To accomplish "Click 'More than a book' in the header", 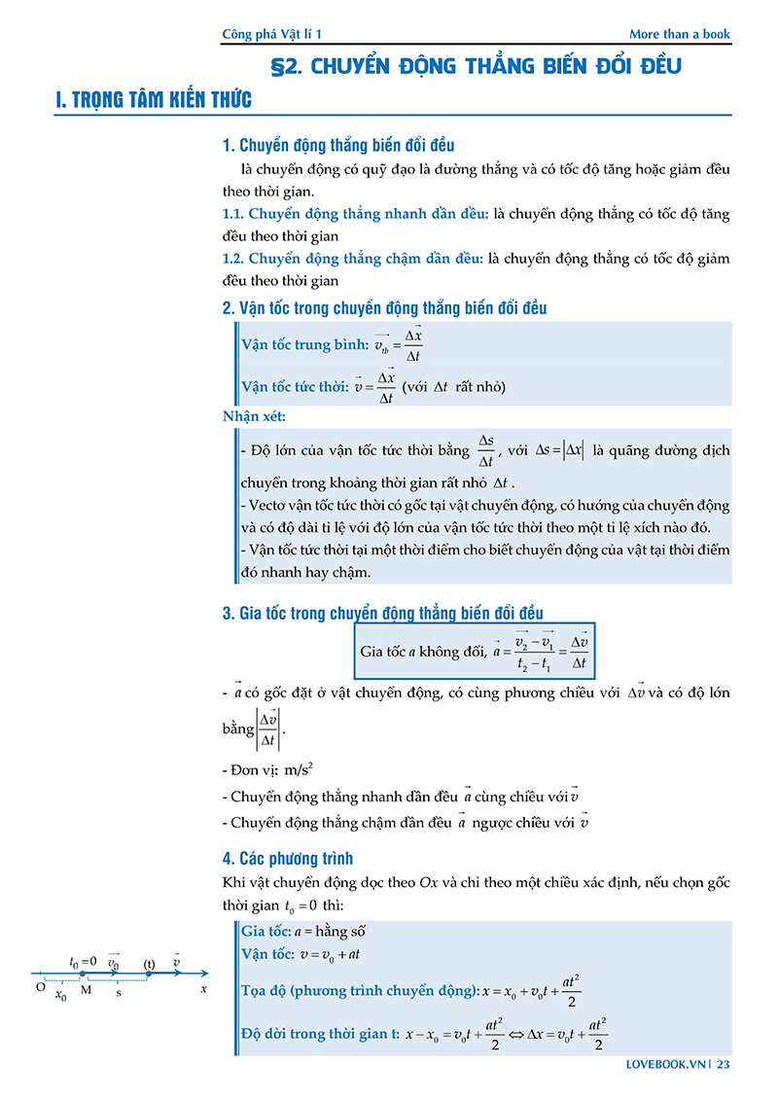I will tap(679, 34).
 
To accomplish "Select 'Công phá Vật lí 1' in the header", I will tap(271, 34).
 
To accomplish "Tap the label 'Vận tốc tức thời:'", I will tap(295, 386).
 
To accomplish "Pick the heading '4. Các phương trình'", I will tap(288, 859).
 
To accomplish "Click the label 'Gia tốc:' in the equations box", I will tap(265, 931).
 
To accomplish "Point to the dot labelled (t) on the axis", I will tap(149, 973).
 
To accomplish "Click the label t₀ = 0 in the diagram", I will tap(83, 962).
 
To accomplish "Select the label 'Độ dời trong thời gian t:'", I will tap(320, 1034).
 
